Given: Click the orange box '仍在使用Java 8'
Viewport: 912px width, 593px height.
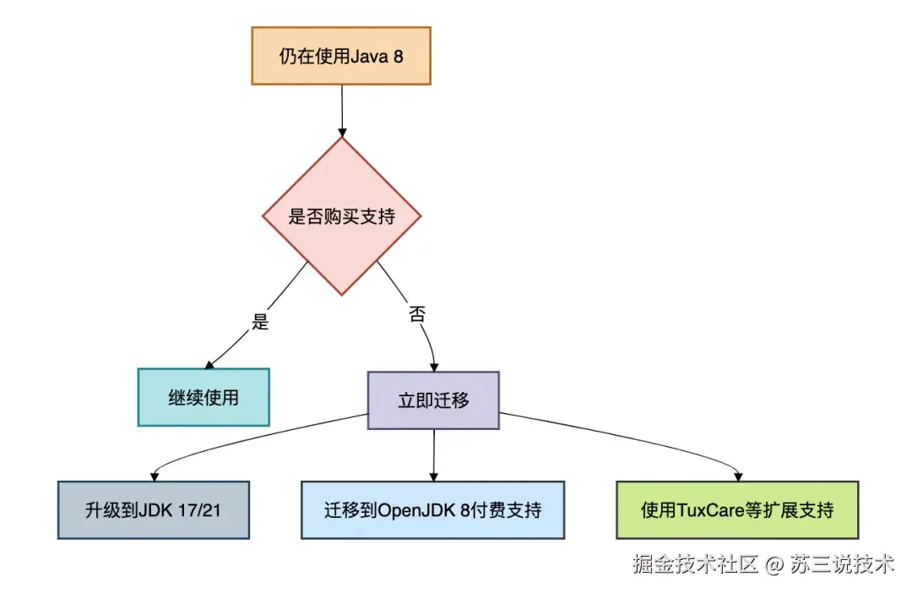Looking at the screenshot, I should point(341,56).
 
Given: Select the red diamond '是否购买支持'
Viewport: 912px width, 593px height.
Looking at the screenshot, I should point(341,216).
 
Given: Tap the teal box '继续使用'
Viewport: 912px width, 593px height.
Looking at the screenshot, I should point(204,397).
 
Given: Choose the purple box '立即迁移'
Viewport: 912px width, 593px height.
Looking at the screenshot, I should point(433,400).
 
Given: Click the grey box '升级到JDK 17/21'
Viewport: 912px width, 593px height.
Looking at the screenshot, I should point(154,510).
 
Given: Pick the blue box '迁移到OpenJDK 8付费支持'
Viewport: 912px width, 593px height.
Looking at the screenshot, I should point(432,510).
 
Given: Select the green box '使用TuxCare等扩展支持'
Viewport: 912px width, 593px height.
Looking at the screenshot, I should point(737,510).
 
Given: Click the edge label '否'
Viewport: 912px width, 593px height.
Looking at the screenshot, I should point(417,314).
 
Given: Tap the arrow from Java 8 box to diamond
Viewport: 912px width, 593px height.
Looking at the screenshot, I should point(341,110).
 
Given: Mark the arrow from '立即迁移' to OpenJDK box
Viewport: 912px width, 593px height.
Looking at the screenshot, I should point(433,454).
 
